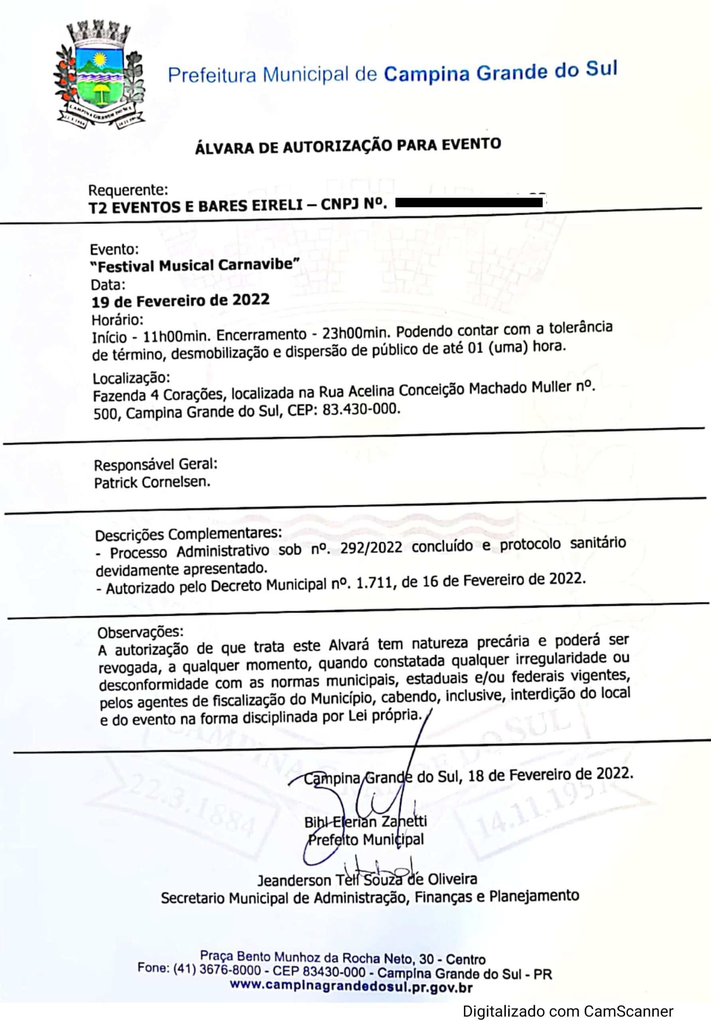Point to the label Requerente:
pos(128,190)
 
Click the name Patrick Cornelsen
pos(152,482)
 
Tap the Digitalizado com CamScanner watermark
pos(568,1011)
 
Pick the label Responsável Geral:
pos(156,465)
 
